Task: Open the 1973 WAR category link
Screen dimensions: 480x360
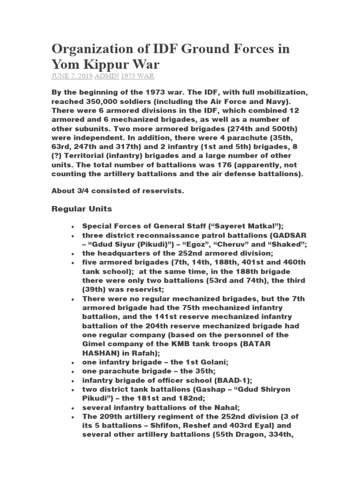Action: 138,76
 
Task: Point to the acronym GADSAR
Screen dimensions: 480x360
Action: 279,235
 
